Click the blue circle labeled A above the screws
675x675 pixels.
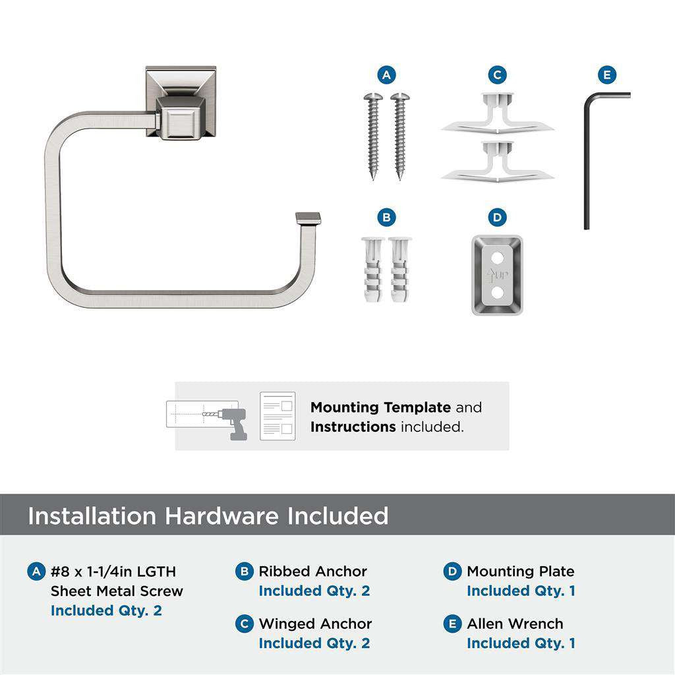pyautogui.click(x=386, y=75)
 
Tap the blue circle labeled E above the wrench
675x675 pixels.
pyautogui.click(x=606, y=75)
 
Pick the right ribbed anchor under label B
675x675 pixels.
pyautogui.click(x=399, y=269)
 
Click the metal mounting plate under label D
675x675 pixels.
pyautogui.click(x=497, y=275)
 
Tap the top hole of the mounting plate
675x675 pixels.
pyautogui.click(x=497, y=253)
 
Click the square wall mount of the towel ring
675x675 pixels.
pyautogui.click(x=181, y=102)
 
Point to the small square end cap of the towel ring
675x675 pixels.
pyautogui.click(x=308, y=218)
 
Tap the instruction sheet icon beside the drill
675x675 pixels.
pyautogui.click(x=277, y=416)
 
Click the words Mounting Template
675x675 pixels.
pyautogui.click(x=380, y=407)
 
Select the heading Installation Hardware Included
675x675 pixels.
pyautogui.click(x=208, y=515)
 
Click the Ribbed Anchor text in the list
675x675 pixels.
pyautogui.click(x=312, y=572)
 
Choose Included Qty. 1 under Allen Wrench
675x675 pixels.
pyautogui.click(x=521, y=643)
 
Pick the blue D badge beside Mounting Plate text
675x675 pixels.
pyautogui.click(x=452, y=572)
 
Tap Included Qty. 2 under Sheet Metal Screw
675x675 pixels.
pyautogui.click(x=106, y=610)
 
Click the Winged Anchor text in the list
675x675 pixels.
pyautogui.click(x=315, y=624)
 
